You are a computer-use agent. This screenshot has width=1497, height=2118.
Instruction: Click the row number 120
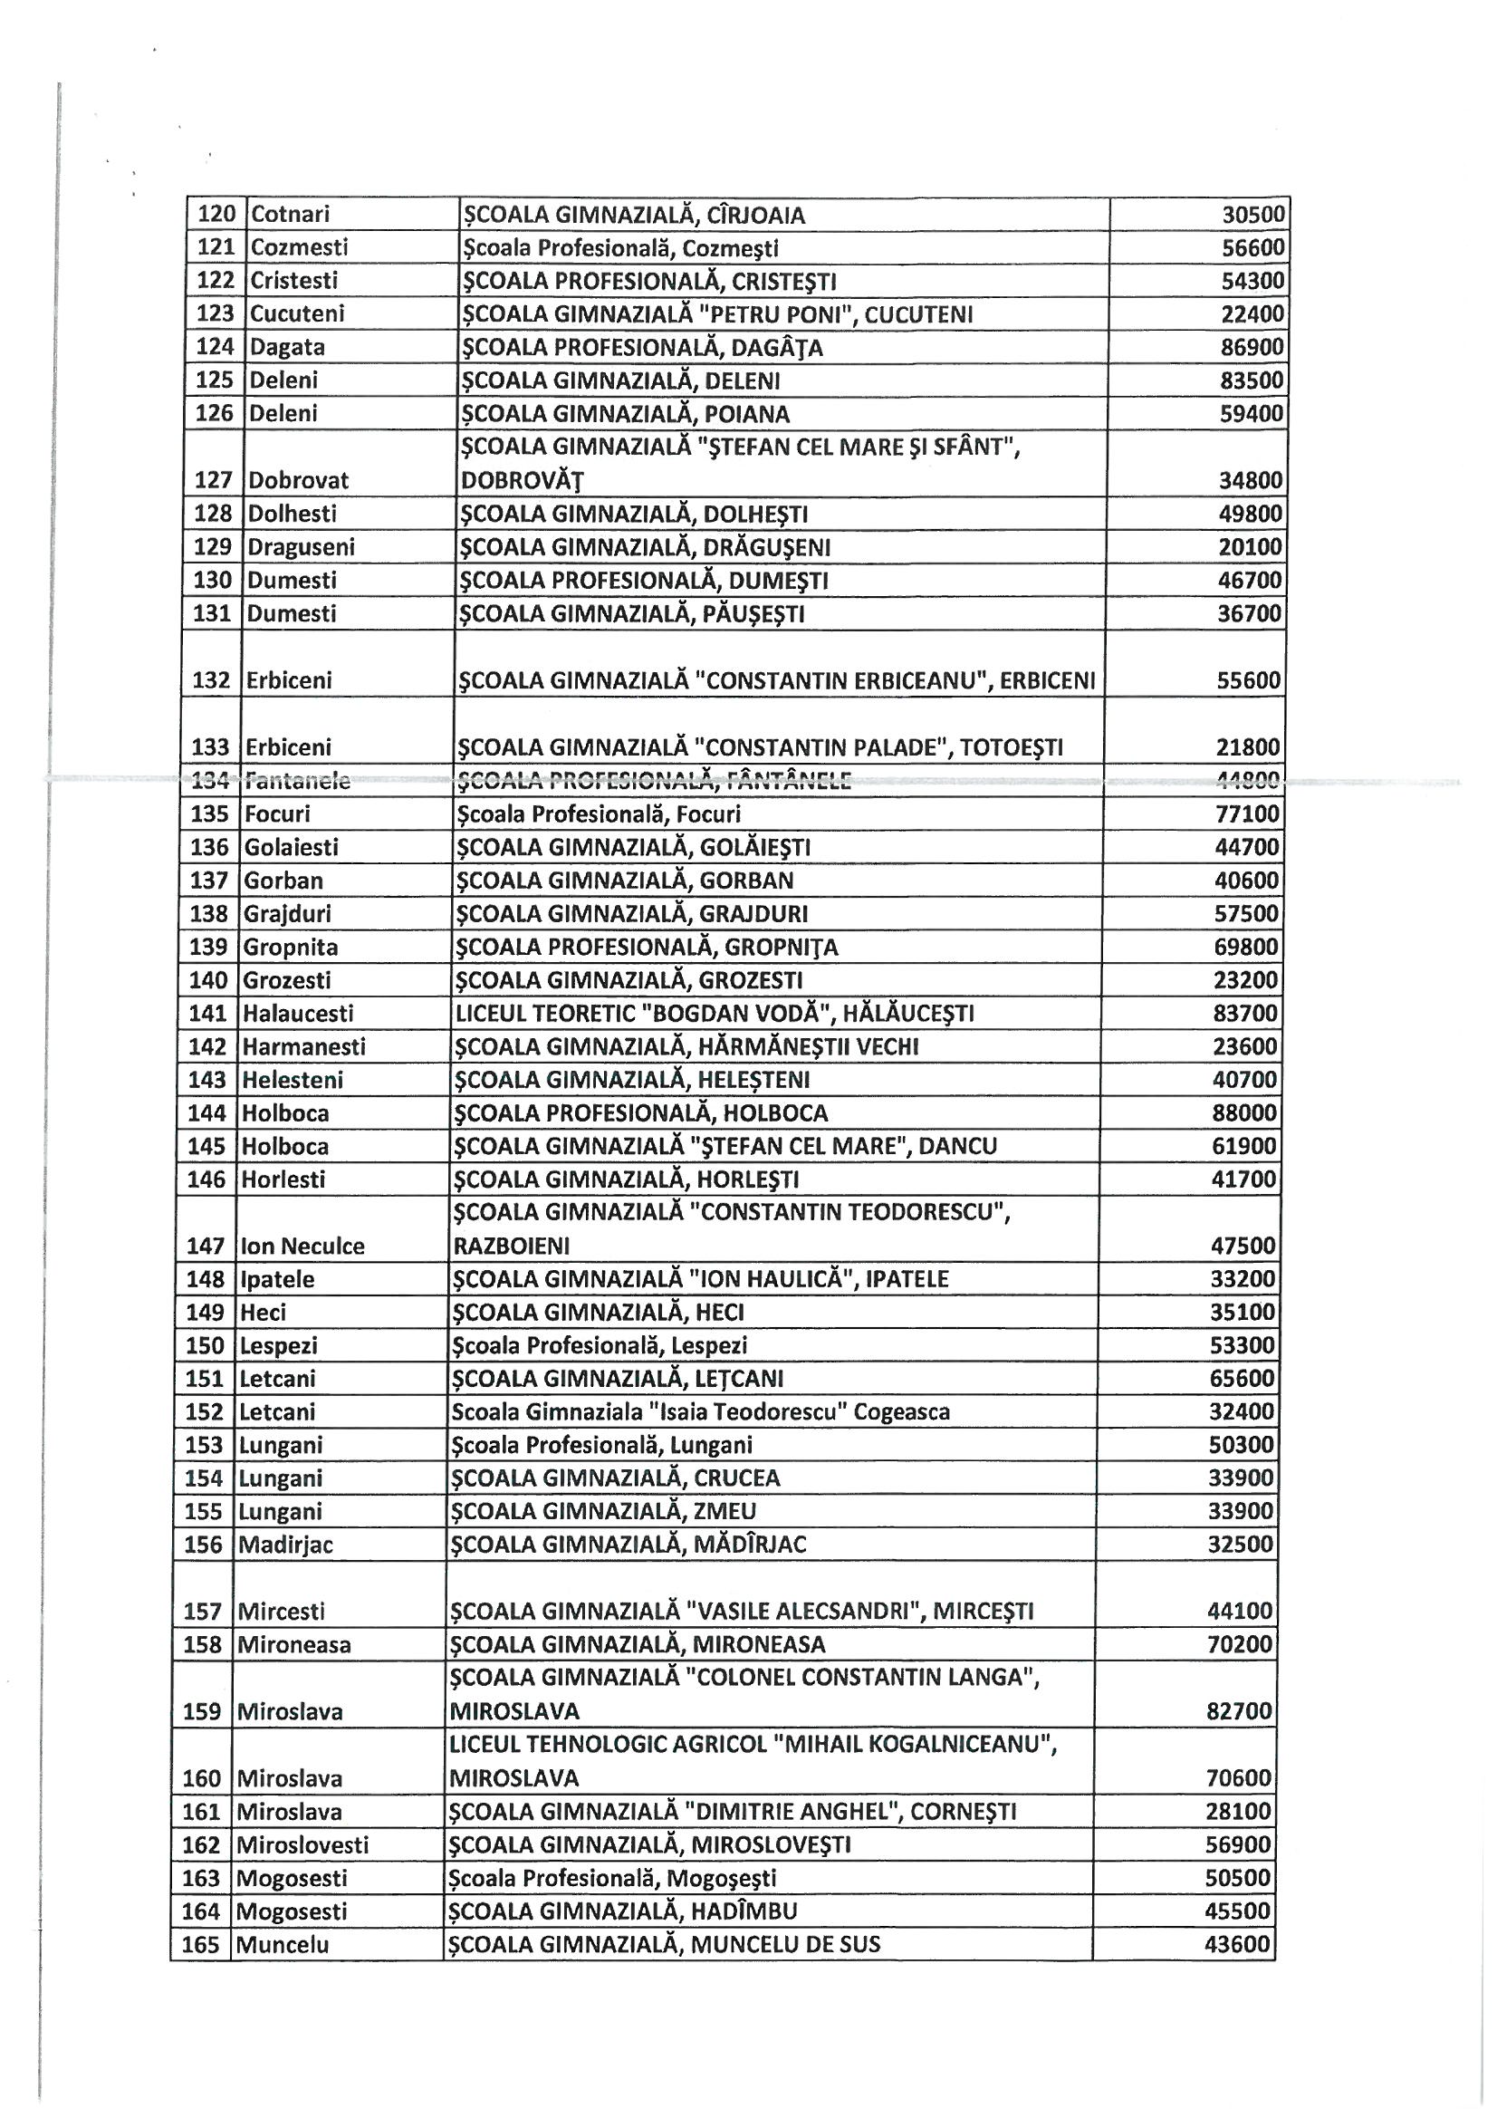click(x=217, y=215)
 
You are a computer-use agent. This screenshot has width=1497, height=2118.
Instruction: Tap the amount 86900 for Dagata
click(x=1252, y=348)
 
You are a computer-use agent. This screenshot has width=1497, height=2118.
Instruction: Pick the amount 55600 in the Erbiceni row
click(x=1249, y=681)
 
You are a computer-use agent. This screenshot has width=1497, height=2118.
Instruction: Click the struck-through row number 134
click(x=210, y=781)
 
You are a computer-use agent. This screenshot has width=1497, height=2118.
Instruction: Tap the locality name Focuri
click(x=277, y=814)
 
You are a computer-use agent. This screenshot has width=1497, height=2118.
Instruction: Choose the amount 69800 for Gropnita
click(x=1247, y=948)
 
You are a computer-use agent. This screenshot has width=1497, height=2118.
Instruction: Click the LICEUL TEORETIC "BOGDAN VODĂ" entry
click(x=715, y=1014)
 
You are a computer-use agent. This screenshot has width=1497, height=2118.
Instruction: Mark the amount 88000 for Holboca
click(x=1245, y=1113)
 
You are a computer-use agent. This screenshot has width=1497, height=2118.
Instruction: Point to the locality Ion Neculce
click(x=302, y=1247)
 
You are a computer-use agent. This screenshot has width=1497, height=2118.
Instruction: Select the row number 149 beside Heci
click(x=205, y=1313)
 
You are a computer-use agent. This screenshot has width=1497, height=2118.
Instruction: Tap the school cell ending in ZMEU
click(x=602, y=1512)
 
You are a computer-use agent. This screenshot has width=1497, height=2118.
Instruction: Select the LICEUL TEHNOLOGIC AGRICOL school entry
click(x=752, y=1745)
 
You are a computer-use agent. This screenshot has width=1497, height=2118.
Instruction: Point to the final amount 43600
click(x=1238, y=1946)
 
